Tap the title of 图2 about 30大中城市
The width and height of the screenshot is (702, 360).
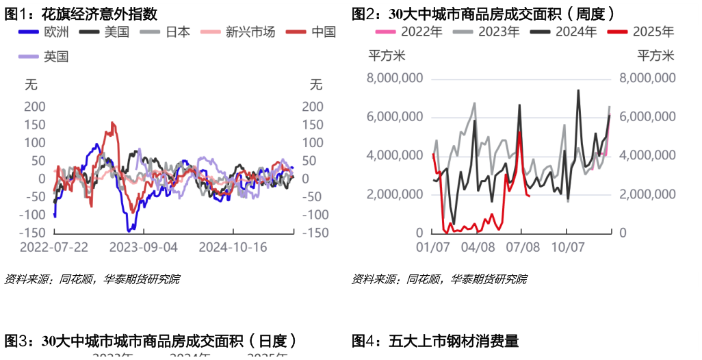(482, 13)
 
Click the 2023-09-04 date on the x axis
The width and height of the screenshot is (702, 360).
(144, 247)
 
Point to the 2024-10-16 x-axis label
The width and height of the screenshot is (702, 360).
(233, 247)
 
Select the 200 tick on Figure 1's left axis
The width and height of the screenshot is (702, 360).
(35, 107)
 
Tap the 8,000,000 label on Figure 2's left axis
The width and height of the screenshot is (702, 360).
(395, 78)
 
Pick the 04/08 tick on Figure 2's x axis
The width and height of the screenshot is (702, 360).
(479, 247)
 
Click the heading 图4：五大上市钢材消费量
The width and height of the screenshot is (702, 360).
(435, 341)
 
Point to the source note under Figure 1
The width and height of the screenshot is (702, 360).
(92, 279)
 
